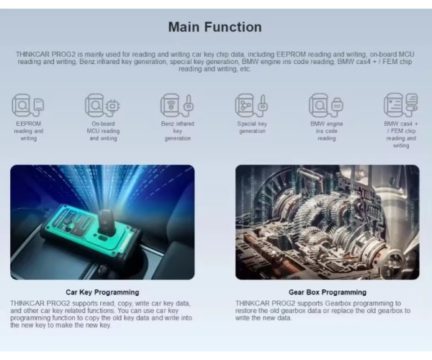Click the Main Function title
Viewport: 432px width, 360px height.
point(215,27)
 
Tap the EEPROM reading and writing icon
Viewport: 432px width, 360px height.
point(28,105)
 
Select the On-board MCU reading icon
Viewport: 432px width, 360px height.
point(102,105)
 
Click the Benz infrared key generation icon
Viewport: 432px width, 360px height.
point(177,105)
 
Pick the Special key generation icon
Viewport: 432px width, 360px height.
point(251,105)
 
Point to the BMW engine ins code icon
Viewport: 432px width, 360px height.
point(326,105)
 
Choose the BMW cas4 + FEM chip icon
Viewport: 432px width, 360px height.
point(401,105)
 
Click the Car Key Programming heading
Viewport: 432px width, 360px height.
point(102,292)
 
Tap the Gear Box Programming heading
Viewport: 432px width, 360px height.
point(328,292)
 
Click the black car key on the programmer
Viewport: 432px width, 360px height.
point(107,222)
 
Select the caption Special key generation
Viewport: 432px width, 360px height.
point(252,127)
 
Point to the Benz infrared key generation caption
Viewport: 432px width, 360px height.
point(178,131)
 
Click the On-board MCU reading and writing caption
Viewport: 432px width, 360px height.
point(103,131)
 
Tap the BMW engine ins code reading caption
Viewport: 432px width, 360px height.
point(327,131)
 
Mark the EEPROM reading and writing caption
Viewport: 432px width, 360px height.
point(29,131)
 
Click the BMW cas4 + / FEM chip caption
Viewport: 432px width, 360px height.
point(401,135)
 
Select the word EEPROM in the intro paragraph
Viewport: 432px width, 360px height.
point(291,54)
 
